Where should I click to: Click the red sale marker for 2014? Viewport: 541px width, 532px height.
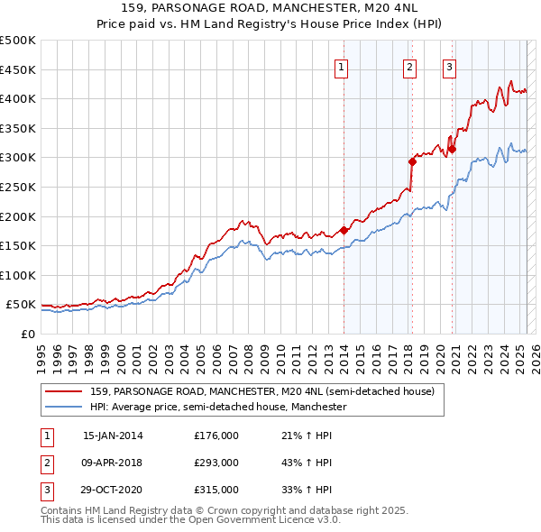pyautogui.click(x=344, y=230)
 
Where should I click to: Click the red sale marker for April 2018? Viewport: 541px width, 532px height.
pyautogui.click(x=412, y=161)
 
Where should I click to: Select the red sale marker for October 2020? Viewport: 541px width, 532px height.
pyautogui.click(x=453, y=149)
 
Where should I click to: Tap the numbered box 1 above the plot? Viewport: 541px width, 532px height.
pyautogui.click(x=343, y=66)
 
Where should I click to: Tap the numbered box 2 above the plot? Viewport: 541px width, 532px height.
pyautogui.click(x=409, y=66)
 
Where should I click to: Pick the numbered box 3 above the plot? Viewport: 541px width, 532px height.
pyautogui.click(x=449, y=66)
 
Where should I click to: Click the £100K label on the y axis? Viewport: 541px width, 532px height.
pyautogui.click(x=18, y=275)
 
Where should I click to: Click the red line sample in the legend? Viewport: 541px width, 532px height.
pyautogui.click(x=62, y=391)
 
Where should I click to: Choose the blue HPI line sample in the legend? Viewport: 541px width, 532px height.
pyautogui.click(x=62, y=407)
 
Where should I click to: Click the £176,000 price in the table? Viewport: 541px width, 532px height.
pyautogui.click(x=216, y=435)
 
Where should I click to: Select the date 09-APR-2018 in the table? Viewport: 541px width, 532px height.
pyautogui.click(x=113, y=463)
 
